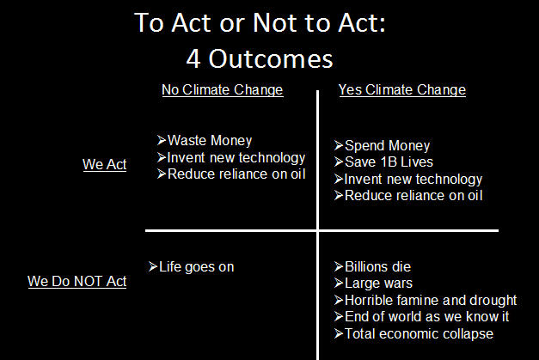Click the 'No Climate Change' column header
223,90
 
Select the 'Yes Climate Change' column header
402,90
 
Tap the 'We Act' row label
105,165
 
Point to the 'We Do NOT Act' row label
77,281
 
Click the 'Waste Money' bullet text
210,141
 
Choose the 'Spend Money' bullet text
387,146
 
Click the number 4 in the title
193,58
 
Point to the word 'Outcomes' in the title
271,58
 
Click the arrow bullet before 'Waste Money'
162,140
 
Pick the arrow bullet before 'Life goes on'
153,266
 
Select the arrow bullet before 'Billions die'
339,266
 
